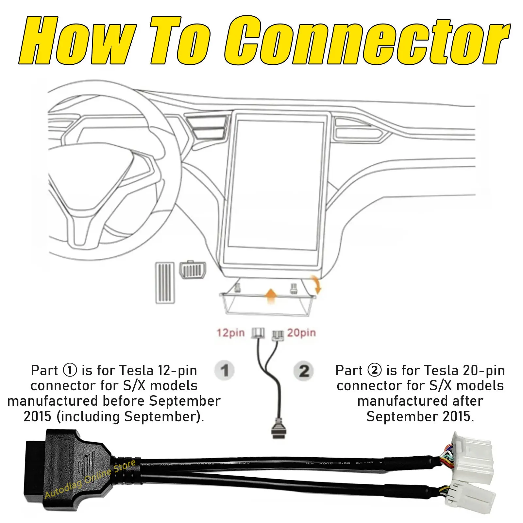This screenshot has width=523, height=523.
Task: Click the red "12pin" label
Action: [x=230, y=333]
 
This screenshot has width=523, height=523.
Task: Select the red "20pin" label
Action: [x=301, y=333]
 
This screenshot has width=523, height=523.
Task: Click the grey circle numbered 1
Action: [x=224, y=371]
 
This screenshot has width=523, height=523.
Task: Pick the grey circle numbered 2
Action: [x=304, y=371]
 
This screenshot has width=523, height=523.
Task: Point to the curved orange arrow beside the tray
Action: [x=317, y=284]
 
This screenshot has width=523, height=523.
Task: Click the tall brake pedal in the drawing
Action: [x=165, y=282]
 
